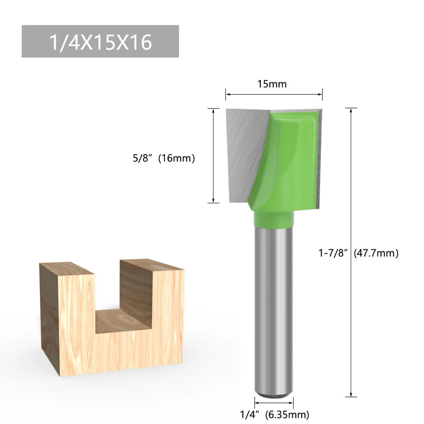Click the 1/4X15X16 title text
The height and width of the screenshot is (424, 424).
coord(100,42)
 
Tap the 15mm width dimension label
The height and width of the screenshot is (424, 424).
coord(272,84)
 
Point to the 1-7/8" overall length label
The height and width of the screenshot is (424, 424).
coord(333,253)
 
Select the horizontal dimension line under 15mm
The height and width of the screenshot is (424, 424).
coord(274,94)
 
